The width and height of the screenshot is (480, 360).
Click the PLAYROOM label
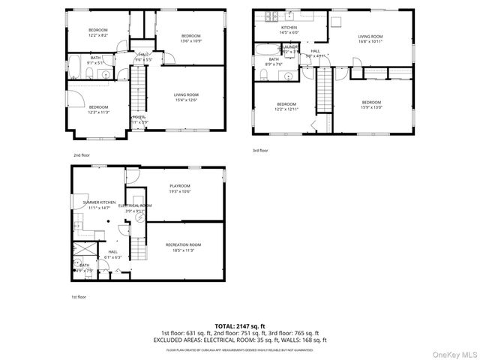[x=179, y=185]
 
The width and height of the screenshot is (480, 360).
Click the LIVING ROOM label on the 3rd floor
[x=370, y=36]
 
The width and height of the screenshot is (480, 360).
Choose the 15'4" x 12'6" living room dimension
[x=186, y=100]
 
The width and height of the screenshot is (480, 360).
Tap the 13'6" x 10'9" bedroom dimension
[x=190, y=41]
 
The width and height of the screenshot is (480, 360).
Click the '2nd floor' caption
[x=81, y=155]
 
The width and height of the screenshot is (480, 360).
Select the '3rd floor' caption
[x=259, y=151]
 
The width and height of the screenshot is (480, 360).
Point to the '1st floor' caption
[x=79, y=297]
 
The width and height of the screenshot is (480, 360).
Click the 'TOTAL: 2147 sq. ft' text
[x=240, y=326]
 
